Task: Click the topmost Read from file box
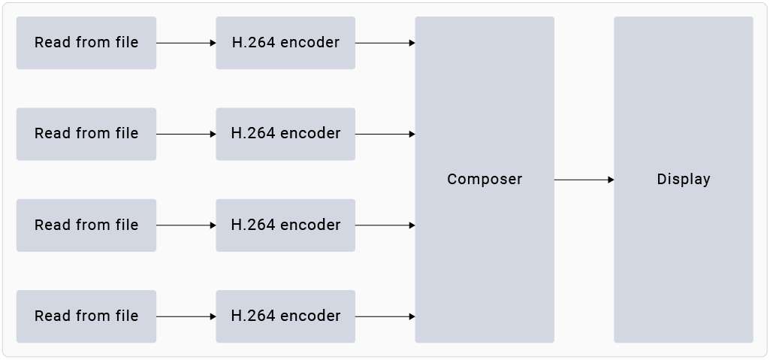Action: point(86,43)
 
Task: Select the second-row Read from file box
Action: point(86,134)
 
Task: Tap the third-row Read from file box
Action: point(86,225)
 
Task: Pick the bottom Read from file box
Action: point(86,316)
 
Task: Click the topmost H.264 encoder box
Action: point(285,43)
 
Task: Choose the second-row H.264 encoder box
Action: point(285,134)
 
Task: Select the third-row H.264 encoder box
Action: point(285,225)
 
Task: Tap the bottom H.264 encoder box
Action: point(285,316)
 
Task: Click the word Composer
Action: point(485,180)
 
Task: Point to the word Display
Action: point(684,180)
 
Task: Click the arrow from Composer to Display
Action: point(584,180)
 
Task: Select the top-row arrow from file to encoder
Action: point(186,43)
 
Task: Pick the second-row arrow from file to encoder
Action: point(186,134)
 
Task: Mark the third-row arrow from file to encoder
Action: point(186,225)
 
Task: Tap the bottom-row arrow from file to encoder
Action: point(186,316)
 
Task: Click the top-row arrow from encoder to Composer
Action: point(385,43)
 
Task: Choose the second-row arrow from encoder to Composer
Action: point(385,134)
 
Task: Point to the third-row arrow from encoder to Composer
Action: point(385,225)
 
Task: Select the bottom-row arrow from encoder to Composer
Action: point(385,316)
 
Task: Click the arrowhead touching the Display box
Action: point(611,180)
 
